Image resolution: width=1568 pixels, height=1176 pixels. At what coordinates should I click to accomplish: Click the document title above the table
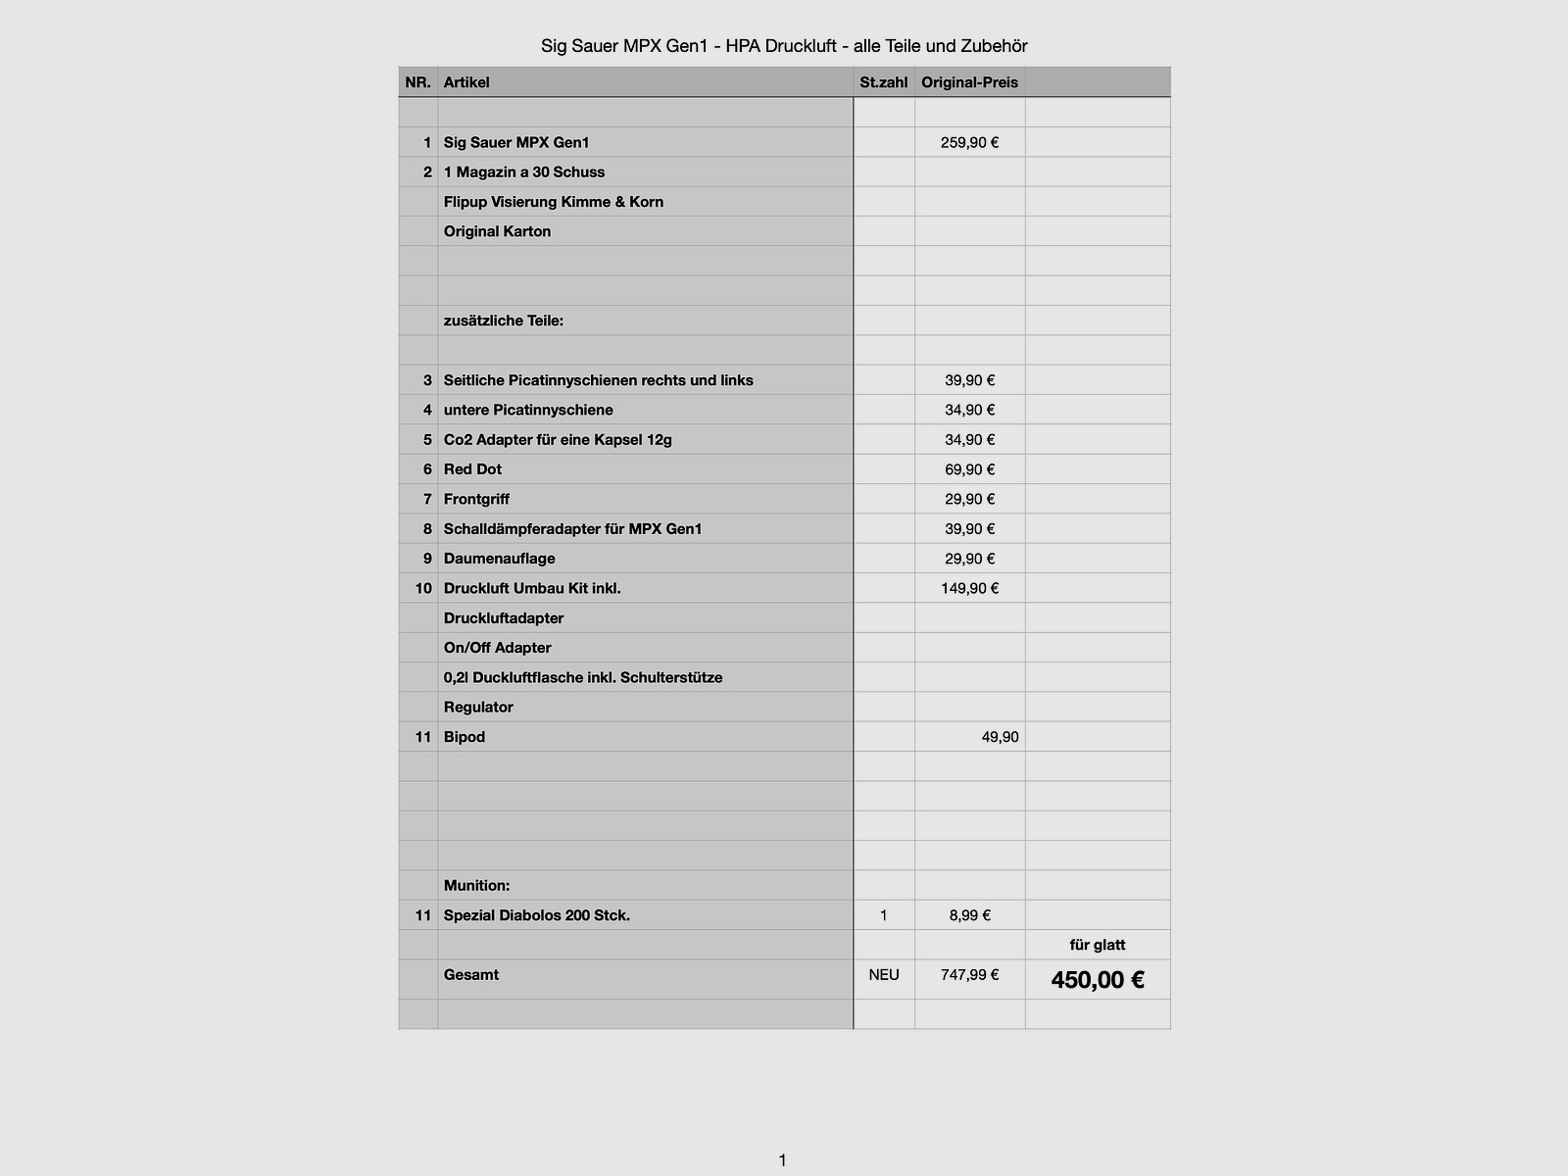784,46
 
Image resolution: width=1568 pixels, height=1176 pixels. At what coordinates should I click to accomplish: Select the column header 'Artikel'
466,82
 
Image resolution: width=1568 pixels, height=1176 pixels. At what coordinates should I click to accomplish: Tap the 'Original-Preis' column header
969,82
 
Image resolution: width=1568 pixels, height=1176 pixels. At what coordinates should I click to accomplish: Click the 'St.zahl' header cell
883,82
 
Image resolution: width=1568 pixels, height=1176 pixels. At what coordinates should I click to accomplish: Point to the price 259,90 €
969,142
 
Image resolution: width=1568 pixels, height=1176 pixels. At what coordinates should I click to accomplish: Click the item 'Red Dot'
472,469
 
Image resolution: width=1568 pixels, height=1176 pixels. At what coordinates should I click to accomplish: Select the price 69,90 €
969,469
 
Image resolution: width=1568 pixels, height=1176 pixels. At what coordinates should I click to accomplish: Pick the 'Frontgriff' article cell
476,499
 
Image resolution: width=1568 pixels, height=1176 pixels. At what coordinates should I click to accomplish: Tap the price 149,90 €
969,588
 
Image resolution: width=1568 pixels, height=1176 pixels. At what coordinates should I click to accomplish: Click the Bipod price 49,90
1000,737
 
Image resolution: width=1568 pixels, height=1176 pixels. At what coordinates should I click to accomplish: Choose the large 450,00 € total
1098,980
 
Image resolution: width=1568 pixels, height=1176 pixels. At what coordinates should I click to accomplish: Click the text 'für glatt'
1098,945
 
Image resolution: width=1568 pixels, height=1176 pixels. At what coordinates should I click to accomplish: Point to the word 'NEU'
883,975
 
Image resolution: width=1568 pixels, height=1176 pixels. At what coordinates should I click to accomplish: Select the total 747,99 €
969,975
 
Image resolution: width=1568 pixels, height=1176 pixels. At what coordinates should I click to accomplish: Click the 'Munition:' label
476,886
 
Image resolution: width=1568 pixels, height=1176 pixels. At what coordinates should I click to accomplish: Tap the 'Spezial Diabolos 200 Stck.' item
536,915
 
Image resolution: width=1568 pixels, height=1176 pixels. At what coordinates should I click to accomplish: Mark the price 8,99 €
969,915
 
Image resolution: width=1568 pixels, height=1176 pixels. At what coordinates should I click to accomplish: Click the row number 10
422,588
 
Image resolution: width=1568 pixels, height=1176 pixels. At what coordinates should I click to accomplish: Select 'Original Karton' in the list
497,231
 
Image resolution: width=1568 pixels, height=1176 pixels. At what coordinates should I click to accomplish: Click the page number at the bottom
782,1160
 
